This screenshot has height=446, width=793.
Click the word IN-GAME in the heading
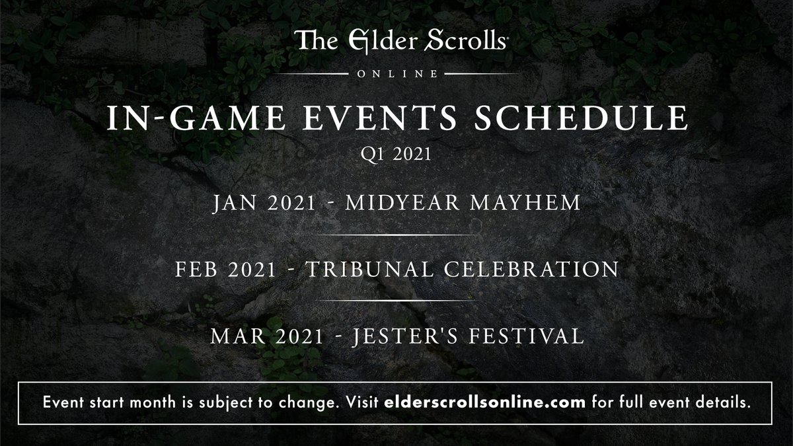click(196, 118)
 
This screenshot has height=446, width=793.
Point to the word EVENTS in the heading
click(380, 118)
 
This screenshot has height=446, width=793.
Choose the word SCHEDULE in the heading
click(581, 118)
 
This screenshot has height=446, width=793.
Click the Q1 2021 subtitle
click(396, 154)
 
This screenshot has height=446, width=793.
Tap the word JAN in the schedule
click(235, 203)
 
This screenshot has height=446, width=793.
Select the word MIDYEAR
click(402, 203)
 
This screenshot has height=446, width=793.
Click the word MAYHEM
click(525, 203)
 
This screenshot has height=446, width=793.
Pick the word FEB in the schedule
click(196, 270)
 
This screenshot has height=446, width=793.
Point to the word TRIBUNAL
click(369, 270)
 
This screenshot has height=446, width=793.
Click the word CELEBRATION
click(531, 270)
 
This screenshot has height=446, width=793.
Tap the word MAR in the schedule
click(238, 336)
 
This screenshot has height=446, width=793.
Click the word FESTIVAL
click(527, 336)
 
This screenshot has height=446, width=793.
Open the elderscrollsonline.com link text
click(484, 402)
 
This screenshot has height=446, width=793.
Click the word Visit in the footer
click(362, 402)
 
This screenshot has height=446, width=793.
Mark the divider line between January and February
click(397, 235)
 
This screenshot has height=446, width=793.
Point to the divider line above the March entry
click(397, 301)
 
